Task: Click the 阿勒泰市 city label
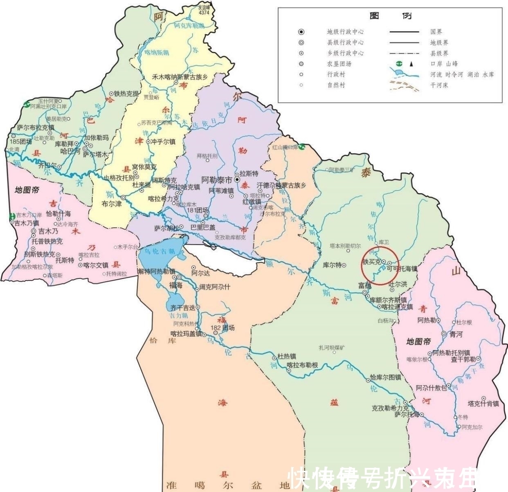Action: click(x=217, y=180)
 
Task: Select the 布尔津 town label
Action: click(x=112, y=203)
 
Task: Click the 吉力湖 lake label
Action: click(x=179, y=316)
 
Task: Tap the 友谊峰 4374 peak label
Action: click(x=204, y=10)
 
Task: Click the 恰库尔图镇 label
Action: click(x=385, y=377)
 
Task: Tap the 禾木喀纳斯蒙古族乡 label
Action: click(x=180, y=76)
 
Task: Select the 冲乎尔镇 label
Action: click(x=163, y=142)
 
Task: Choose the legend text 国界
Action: click(x=436, y=31)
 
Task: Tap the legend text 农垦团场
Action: click(x=339, y=64)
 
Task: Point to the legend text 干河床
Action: click(x=439, y=85)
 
